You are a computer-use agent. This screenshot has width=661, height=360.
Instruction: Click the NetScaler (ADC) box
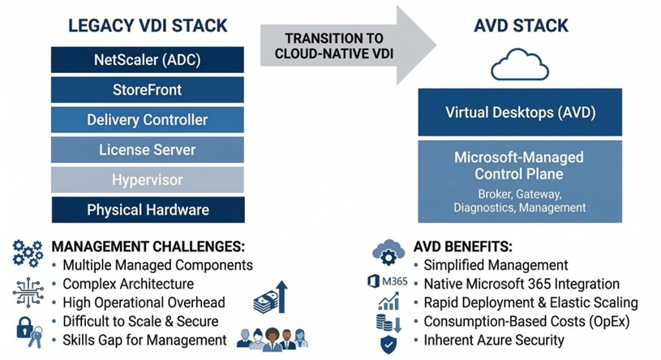[x=147, y=59]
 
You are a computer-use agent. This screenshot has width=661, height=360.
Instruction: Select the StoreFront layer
[x=147, y=90]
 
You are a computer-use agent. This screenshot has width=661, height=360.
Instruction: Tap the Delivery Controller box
[x=147, y=120]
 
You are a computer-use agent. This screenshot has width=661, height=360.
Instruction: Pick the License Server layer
[x=147, y=150]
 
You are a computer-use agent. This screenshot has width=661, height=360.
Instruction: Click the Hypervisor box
[x=147, y=180]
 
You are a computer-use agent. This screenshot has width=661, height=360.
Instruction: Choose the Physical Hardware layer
[x=147, y=210]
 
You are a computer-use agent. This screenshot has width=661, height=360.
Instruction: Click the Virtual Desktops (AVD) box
[x=520, y=112]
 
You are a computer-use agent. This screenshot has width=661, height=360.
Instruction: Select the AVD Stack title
[x=520, y=26]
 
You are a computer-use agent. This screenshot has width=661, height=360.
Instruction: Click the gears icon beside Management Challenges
[x=28, y=253]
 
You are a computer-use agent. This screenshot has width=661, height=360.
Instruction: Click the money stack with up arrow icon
[x=270, y=296]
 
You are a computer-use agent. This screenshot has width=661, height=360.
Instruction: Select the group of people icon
[x=273, y=336]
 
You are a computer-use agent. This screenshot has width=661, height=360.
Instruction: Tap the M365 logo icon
[x=388, y=282]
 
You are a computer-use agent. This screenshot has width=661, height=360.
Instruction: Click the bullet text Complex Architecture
[x=128, y=284]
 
